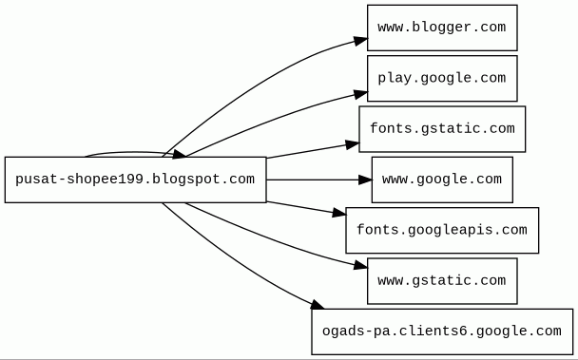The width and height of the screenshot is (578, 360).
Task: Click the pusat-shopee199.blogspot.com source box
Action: coord(135,180)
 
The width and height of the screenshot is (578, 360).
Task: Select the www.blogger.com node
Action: coord(442,28)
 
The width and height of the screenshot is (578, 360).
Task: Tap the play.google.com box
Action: coord(442,79)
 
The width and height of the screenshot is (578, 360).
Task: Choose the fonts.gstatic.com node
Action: coord(442,129)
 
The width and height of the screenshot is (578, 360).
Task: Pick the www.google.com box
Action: coord(442,180)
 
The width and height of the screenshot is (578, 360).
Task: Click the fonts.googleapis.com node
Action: coord(442,230)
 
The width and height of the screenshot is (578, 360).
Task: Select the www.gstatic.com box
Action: coord(442,281)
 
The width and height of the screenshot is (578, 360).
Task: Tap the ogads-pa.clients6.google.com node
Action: coord(442,332)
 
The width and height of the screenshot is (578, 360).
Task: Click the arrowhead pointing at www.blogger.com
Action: coord(360,41)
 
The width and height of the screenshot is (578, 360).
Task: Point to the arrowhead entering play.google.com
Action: coord(360,94)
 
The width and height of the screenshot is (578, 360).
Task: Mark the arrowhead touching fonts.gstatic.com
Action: coord(353,144)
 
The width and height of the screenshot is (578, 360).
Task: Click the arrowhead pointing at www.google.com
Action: coord(365,180)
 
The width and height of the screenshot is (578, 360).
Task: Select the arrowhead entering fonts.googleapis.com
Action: coord(339,213)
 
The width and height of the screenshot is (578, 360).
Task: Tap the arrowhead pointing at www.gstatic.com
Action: coord(360,266)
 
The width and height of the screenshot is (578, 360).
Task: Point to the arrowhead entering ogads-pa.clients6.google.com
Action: coord(317,305)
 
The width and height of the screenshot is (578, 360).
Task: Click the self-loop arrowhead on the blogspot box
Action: coord(180,155)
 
